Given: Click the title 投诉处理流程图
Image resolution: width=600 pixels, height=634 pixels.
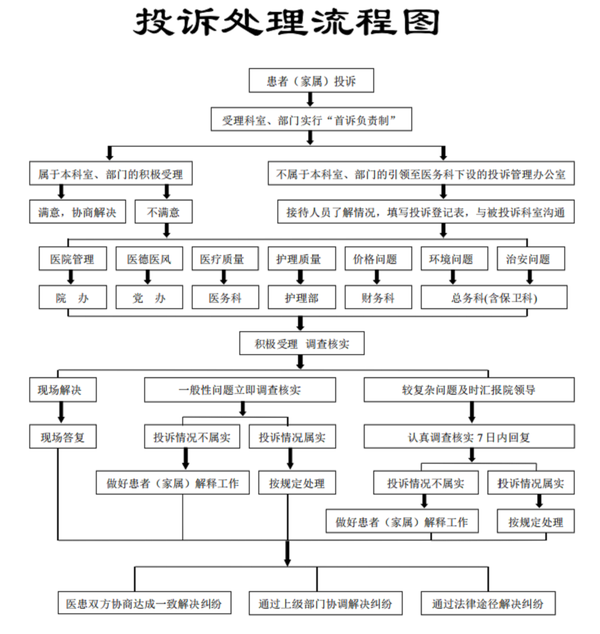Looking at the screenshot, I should click(285, 25).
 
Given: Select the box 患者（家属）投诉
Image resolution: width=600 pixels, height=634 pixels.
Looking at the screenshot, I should click(310, 81).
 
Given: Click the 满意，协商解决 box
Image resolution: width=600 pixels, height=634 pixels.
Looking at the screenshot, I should click(77, 212).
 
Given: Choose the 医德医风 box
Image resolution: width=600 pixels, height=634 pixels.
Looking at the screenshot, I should click(149, 258).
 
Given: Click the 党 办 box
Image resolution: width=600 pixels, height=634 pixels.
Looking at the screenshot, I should click(149, 297).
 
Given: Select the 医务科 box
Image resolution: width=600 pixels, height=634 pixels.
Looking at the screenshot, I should click(225, 297).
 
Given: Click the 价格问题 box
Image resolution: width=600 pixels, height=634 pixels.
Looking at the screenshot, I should click(376, 258).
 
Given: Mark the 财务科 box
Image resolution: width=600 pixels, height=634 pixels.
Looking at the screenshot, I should click(376, 297).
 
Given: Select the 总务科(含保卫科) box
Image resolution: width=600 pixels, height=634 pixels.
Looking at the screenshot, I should click(494, 297).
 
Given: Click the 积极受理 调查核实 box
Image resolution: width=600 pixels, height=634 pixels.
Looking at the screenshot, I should click(300, 343).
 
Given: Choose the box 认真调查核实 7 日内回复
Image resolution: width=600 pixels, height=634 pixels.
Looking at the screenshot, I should click(469, 436).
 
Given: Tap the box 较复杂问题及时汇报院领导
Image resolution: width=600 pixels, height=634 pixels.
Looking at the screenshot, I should click(469, 390).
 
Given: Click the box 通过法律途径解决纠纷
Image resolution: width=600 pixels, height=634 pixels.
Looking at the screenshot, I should click(487, 603).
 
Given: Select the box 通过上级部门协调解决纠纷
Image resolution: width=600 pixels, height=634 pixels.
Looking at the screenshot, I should click(325, 603).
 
